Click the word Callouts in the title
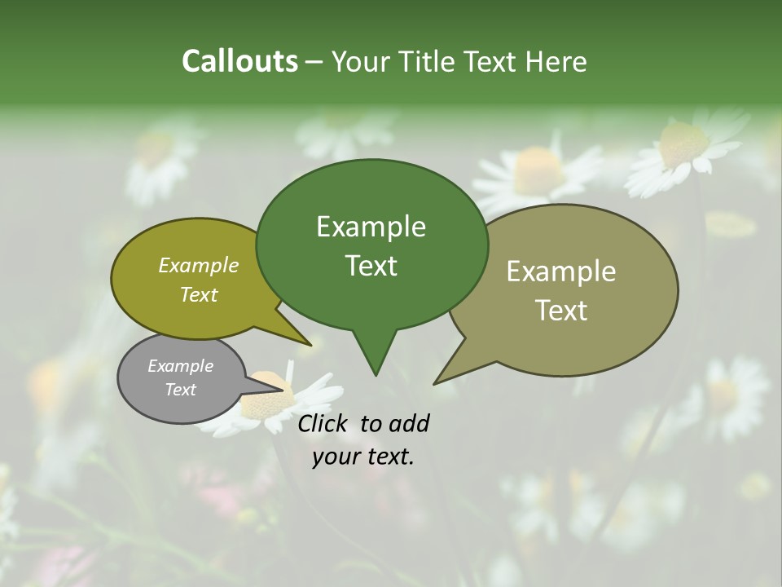pyautogui.click(x=239, y=61)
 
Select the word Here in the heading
pyautogui.click(x=556, y=61)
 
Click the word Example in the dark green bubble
pyautogui.click(x=371, y=227)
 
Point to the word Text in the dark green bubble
pyautogui.click(x=371, y=266)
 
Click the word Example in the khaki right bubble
pyautogui.click(x=561, y=271)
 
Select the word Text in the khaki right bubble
pyautogui.click(x=561, y=311)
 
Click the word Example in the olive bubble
pyautogui.click(x=199, y=265)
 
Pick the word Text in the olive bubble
pyautogui.click(x=199, y=294)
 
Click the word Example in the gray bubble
pyautogui.click(x=180, y=366)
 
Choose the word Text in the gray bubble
pyautogui.click(x=180, y=390)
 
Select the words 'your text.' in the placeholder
pyautogui.click(x=363, y=457)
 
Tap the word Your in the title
pyautogui.click(x=359, y=61)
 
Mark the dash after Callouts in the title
pyautogui.click(x=314, y=61)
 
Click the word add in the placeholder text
pyautogui.click(x=407, y=423)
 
